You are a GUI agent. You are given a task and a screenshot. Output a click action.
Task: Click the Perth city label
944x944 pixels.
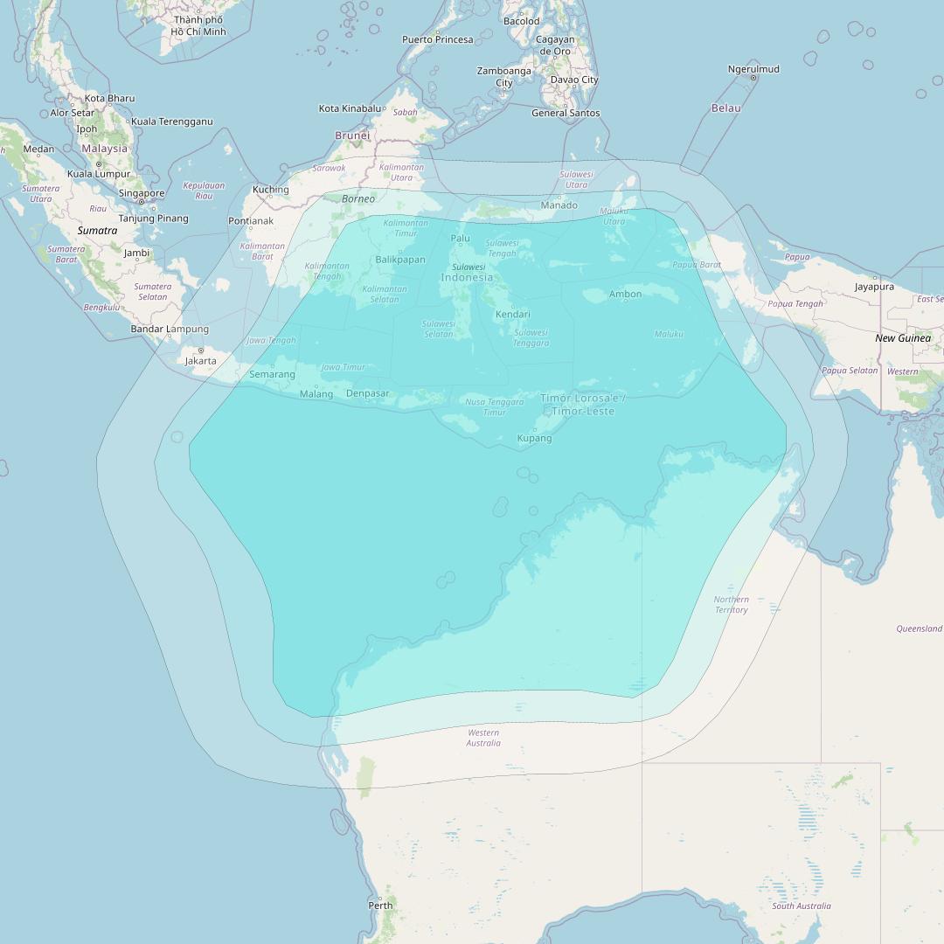[380, 905]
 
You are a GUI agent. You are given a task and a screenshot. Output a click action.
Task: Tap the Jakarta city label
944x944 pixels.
[200, 360]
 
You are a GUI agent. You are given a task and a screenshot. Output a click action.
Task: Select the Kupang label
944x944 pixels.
[534, 438]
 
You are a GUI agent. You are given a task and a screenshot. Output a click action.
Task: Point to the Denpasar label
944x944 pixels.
[367, 393]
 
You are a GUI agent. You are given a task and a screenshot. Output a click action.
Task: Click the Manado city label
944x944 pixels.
[559, 205]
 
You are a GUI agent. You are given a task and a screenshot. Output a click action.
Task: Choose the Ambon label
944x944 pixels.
[625, 294]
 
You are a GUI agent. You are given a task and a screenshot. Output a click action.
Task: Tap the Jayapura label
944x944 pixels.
[874, 286]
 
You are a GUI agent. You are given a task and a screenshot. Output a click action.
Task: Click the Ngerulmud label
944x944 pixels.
[753, 69]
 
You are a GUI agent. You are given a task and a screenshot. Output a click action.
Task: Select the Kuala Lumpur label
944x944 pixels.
[99, 174]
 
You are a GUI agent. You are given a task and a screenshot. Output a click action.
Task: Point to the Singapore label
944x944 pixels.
[142, 193]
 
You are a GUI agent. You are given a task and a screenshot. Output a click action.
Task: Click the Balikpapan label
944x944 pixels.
[399, 260]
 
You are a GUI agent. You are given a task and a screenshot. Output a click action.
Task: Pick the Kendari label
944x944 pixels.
[512, 314]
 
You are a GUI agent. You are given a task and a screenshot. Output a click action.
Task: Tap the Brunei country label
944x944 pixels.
[352, 135]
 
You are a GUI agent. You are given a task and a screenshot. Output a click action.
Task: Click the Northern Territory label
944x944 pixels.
[731, 605]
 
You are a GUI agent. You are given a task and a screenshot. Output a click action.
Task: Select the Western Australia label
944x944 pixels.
[483, 738]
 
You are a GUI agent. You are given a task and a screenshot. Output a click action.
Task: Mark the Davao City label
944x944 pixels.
[574, 80]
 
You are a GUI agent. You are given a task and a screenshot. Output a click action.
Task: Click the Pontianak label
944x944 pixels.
[251, 221]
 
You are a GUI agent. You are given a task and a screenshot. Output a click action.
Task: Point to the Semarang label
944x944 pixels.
[272, 374]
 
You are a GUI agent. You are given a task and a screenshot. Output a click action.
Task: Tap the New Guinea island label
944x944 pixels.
[903, 338]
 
